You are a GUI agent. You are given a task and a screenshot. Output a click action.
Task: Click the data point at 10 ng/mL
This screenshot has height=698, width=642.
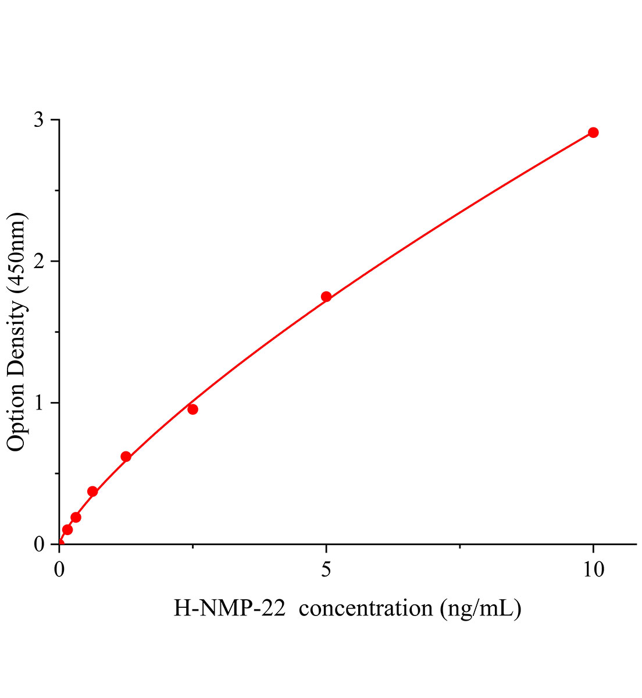[593, 133]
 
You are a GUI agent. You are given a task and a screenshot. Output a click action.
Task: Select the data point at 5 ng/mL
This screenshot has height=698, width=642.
[326, 297]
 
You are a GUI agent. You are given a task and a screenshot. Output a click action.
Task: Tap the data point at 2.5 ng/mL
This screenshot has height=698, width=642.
[192, 409]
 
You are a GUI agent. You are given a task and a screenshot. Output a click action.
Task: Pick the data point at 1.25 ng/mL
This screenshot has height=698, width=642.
[126, 457]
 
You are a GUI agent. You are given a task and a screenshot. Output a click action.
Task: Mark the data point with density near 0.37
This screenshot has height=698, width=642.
[92, 492]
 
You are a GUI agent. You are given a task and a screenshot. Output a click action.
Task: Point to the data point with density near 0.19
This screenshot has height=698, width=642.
[76, 517]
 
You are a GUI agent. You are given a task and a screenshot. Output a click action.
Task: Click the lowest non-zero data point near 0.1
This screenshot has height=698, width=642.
[67, 529]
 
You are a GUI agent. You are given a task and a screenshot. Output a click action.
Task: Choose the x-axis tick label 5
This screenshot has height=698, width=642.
[326, 569]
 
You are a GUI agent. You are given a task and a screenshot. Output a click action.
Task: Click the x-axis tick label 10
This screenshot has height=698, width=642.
[593, 569]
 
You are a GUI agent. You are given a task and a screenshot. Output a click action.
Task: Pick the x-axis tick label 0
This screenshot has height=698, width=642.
[59, 569]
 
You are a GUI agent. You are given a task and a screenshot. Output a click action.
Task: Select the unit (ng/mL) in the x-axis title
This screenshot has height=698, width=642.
[481, 608]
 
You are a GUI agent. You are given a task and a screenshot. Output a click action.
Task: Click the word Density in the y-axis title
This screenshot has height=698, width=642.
[17, 337]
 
